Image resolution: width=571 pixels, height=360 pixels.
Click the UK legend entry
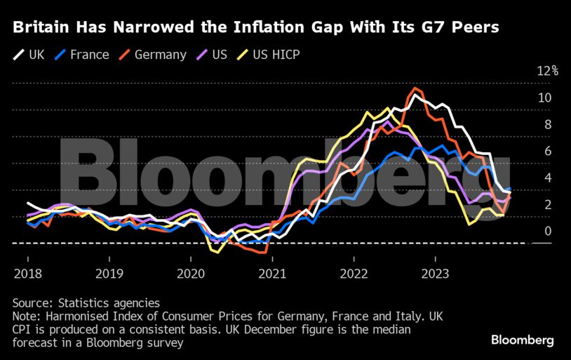coord(29,54)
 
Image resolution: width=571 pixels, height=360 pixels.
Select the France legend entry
coord(83,54)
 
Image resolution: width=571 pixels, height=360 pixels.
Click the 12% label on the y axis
coord(547,71)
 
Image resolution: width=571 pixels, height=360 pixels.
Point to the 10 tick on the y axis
coord(544,98)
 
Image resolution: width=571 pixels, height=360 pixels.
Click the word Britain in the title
coord(41,28)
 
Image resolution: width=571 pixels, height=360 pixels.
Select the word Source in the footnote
coord(31,302)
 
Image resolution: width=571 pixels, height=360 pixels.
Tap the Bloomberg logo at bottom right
coord(522,340)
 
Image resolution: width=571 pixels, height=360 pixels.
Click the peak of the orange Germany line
coord(416,88)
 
